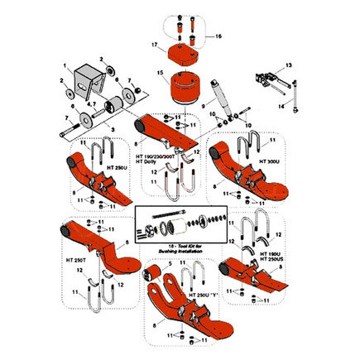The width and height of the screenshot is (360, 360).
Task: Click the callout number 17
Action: (x=155, y=44)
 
